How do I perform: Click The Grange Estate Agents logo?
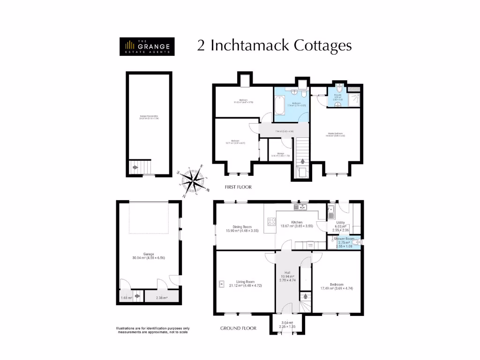[x=147, y=46]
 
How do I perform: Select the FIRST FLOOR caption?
[x=236, y=187]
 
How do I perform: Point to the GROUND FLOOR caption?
[x=238, y=328]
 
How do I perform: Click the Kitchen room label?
[x=296, y=222]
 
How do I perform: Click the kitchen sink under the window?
[x=299, y=207]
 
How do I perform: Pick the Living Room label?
[x=239, y=282]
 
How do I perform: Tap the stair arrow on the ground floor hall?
[x=305, y=296]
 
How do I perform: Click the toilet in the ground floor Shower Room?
[x=357, y=242]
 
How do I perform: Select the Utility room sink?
[x=331, y=210]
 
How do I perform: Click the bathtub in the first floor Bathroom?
[x=279, y=106]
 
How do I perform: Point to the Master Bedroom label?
[x=336, y=135]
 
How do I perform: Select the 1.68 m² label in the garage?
[x=126, y=297]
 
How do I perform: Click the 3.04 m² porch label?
[x=287, y=322]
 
